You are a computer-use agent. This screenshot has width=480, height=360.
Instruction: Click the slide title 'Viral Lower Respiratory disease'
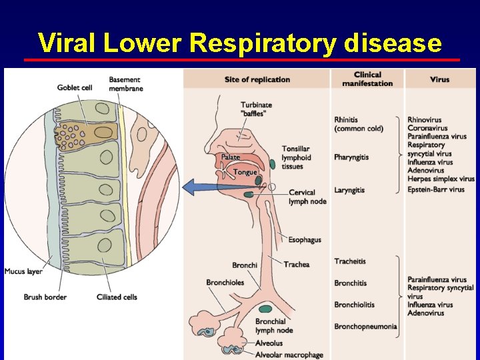pos(240,43)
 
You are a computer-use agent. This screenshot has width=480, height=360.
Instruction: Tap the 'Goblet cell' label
pos(73,87)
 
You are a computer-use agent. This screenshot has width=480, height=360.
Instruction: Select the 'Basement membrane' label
pos(125,84)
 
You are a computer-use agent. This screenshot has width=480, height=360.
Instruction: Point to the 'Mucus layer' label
pos(23,271)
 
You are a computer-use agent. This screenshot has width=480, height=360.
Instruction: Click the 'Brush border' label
pos(45,297)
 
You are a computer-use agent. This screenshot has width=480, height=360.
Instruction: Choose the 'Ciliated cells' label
pos(117,297)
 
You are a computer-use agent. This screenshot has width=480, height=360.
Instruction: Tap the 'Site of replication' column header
pos(257,80)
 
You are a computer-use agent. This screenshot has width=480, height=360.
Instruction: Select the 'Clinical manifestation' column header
pos(367,79)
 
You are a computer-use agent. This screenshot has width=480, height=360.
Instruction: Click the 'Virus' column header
pos(439,80)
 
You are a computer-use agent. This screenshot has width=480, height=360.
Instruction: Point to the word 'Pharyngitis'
pos(351,157)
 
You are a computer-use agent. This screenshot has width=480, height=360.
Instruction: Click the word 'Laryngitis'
pos(349,191)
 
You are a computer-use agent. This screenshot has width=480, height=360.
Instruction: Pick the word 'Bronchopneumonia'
pos(365,327)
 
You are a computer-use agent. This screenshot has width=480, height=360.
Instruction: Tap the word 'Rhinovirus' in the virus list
pos(425,120)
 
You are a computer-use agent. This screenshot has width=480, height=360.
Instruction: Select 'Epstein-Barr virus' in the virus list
pos(436,190)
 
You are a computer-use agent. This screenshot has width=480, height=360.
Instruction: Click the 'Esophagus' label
pos(305,240)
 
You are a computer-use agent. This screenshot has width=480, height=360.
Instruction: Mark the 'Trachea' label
pos(297,265)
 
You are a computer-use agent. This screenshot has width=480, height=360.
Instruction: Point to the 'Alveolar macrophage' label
pos(289,355)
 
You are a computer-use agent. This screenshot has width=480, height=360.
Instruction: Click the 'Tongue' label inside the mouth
pos(245,173)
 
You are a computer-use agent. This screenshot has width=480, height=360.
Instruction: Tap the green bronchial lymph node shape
pos(265,309)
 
